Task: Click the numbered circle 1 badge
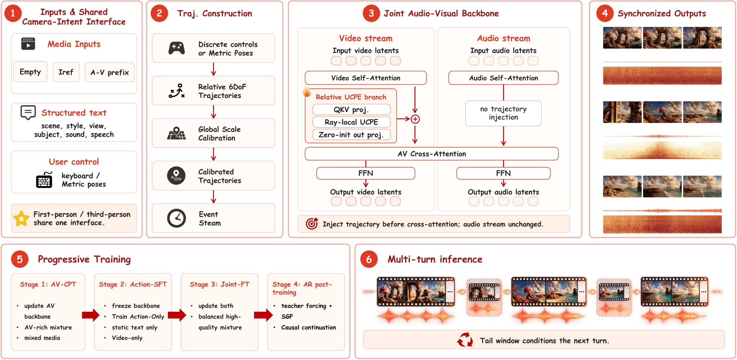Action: click(x=13, y=13)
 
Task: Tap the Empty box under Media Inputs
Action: click(x=30, y=72)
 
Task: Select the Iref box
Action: click(x=66, y=72)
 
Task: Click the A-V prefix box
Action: click(x=110, y=72)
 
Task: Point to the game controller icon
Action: click(x=177, y=48)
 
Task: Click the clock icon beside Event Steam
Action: click(x=177, y=218)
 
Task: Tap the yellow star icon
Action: click(x=21, y=219)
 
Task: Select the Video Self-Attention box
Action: click(x=366, y=78)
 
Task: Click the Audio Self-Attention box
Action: click(x=503, y=78)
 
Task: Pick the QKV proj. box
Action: click(x=351, y=109)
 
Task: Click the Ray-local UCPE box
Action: click(x=351, y=122)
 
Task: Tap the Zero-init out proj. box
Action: click(x=351, y=135)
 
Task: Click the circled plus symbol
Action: click(x=415, y=119)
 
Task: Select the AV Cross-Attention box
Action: click(x=432, y=154)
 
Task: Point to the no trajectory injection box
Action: click(x=503, y=113)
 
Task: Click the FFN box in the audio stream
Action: click(x=503, y=173)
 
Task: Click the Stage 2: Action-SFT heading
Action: click(x=133, y=284)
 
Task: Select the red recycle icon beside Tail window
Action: click(x=465, y=339)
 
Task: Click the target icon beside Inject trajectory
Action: click(x=312, y=224)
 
